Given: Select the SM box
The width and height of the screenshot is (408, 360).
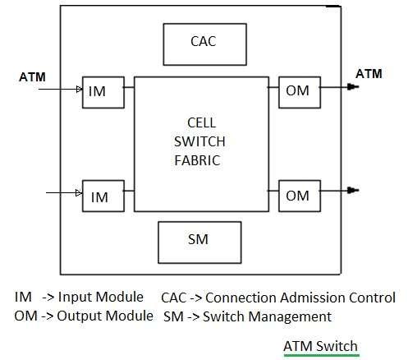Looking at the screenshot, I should pos(199,240).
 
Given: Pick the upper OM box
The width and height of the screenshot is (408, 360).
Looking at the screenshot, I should pos(298,90).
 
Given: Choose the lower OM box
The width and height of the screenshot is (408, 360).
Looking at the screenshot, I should pos(298,196).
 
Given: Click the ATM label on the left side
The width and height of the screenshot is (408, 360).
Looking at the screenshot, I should pos(33,78).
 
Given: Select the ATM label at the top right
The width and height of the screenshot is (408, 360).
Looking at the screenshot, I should pos(369,74).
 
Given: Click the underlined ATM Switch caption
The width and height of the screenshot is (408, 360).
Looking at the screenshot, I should pos(320,345).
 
